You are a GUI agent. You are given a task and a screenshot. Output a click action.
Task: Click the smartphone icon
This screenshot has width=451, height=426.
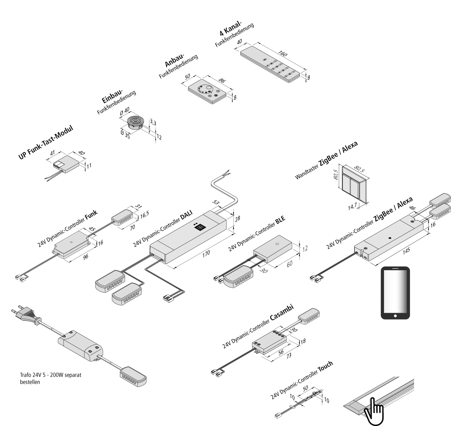(395, 293)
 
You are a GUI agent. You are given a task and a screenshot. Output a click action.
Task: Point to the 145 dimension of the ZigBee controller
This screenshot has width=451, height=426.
(406, 250)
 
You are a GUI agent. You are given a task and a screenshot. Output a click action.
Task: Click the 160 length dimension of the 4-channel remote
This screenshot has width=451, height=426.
(283, 54)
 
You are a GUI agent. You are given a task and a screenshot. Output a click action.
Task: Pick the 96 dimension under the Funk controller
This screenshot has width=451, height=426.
(86, 257)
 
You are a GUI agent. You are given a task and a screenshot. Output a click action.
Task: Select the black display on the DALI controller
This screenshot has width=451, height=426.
(200, 227)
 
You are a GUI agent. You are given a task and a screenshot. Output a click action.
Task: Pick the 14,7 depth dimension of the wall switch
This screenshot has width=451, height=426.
(352, 206)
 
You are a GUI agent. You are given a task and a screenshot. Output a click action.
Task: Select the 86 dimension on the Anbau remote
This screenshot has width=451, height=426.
(222, 81)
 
